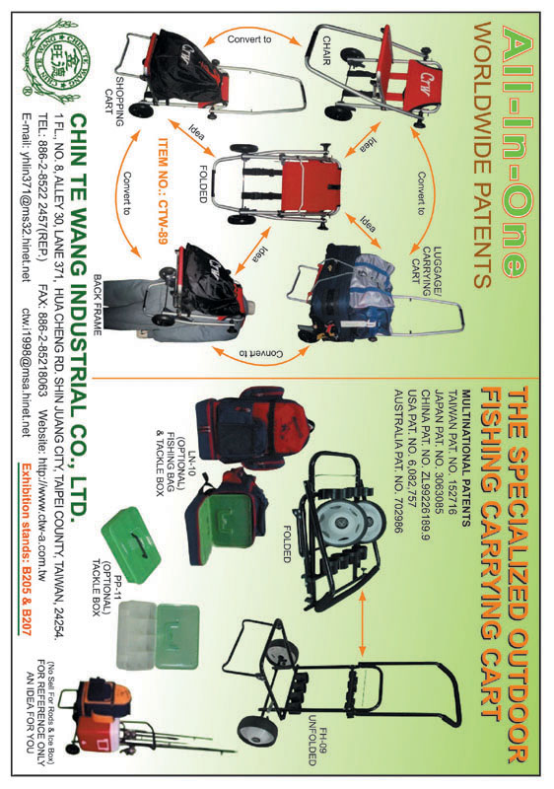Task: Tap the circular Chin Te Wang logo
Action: [47, 60]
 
